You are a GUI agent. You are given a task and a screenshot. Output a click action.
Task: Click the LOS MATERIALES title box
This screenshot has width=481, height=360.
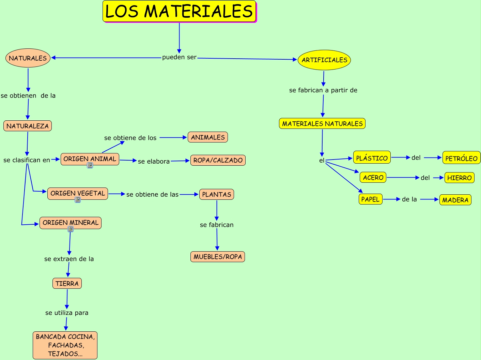179,11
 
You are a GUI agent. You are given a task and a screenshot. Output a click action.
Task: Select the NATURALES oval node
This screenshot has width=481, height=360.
28,58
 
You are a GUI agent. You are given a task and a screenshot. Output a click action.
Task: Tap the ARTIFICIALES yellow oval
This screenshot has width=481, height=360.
324,60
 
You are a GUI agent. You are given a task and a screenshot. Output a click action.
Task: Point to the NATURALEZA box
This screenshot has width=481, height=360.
28,126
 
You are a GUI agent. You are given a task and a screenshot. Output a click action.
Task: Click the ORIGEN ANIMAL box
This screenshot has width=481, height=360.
90,159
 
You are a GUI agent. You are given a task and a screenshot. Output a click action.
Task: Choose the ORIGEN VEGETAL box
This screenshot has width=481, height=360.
78,193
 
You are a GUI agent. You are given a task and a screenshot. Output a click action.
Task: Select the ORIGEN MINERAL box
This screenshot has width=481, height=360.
71,223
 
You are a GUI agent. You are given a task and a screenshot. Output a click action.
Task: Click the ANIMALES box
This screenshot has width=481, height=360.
208,137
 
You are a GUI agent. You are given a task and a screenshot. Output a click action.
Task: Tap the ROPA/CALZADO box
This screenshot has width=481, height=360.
218,160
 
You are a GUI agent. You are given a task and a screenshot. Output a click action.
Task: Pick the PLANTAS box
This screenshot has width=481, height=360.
217,194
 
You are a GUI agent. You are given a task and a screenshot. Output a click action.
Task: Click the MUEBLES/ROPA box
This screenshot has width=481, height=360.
218,257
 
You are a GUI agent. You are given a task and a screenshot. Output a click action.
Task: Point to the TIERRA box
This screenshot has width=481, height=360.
67,283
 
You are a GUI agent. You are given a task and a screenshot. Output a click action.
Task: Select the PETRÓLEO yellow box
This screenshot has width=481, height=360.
461,158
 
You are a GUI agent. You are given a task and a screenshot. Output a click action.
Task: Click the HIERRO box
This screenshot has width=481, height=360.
459,178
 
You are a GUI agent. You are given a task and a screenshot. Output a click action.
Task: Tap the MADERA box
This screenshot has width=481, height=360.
455,200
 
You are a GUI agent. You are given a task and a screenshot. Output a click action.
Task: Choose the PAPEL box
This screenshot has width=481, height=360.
371,199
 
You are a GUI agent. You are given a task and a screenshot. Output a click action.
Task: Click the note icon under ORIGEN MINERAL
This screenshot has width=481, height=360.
71,229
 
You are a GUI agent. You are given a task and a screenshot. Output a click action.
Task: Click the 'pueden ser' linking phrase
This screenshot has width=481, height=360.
179,57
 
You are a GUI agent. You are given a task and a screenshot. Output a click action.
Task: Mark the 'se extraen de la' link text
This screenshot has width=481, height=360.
69,259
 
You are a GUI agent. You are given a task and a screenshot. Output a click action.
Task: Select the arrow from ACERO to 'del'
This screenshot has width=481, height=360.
403,178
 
